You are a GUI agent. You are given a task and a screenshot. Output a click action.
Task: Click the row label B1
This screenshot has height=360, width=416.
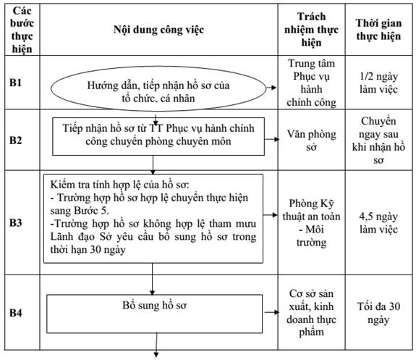click(16, 83)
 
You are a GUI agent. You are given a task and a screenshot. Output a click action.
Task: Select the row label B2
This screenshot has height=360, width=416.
click(16, 141)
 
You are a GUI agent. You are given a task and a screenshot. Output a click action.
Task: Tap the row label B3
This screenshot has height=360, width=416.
click(16, 222)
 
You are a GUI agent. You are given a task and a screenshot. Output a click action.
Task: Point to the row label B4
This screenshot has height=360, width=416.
click(16, 313)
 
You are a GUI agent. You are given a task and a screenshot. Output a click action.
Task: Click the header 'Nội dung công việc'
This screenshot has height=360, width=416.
click(158, 30)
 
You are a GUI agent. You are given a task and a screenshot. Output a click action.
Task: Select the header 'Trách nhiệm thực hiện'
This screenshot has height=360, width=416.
click(312, 30)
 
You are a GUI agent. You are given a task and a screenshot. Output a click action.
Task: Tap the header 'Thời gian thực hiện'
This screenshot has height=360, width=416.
click(378, 30)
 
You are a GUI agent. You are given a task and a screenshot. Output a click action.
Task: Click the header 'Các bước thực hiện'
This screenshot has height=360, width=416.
click(22, 30)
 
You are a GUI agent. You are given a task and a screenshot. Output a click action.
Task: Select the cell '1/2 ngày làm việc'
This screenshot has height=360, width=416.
click(378, 83)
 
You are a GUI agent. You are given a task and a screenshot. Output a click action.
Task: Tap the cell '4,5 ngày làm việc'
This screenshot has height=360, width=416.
click(378, 222)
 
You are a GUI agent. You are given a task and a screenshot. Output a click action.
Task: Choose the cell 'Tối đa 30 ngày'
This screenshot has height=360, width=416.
click(378, 313)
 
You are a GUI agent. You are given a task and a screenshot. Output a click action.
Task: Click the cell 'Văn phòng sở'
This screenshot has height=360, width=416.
click(312, 141)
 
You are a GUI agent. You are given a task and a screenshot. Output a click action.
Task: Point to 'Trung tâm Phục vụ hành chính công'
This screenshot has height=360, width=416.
click(312, 83)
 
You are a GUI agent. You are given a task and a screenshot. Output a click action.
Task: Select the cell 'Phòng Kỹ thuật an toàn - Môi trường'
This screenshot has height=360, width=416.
click(312, 222)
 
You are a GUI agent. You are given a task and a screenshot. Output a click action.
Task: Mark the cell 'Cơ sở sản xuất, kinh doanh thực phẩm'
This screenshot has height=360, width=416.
click(312, 313)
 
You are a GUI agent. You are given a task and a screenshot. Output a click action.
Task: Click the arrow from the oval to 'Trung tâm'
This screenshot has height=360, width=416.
click(271, 88)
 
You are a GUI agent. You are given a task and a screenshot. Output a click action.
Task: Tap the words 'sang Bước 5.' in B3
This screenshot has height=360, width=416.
click(80, 211)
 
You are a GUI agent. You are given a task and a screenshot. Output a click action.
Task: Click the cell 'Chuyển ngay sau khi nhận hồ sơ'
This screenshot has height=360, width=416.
click(378, 141)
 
